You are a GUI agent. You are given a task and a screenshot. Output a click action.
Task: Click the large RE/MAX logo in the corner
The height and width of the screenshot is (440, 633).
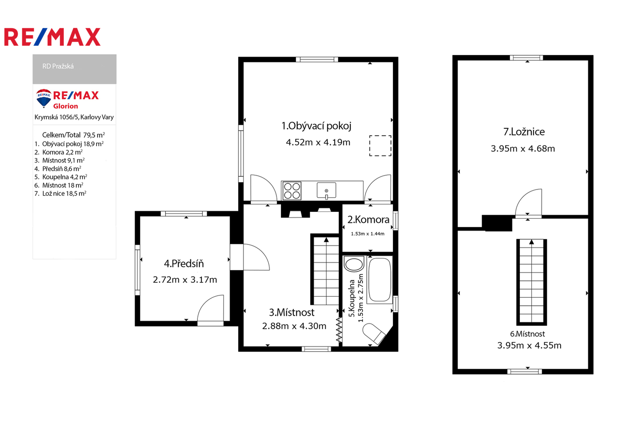click(52, 37)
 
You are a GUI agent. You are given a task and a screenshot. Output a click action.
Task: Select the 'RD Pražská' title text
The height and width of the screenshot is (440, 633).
click(58, 66)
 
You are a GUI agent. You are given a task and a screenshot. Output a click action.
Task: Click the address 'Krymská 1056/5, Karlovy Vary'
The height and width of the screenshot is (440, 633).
click(74, 117)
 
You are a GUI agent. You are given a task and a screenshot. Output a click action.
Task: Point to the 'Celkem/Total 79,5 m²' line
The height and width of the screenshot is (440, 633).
click(73, 135)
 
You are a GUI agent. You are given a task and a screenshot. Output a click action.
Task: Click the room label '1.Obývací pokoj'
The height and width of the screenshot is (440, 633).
click(316, 126)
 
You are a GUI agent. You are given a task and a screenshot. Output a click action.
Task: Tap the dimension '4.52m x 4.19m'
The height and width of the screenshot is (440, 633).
click(318, 142)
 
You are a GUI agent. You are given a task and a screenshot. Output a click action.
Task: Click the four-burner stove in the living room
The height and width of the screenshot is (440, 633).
click(292, 191)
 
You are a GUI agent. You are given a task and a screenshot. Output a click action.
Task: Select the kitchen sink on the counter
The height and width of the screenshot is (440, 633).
click(326, 191)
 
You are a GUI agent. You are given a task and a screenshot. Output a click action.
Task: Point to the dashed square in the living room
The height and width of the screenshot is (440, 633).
click(380, 145)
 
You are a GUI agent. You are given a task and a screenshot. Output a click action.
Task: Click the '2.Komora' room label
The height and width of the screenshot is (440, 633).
click(368, 220)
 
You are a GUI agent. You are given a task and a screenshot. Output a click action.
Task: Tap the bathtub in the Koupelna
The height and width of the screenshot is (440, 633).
click(380, 279)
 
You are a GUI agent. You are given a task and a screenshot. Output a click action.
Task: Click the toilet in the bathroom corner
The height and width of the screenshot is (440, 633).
click(374, 334)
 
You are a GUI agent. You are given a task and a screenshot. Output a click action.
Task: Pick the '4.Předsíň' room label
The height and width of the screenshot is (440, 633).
click(184, 264)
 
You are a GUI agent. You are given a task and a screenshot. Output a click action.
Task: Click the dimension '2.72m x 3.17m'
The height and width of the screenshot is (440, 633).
click(185, 280)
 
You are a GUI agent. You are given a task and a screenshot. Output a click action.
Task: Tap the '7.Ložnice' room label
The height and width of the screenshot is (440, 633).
click(524, 132)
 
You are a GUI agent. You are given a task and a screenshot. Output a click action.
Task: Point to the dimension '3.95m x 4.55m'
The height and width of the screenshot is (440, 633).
click(529, 345)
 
